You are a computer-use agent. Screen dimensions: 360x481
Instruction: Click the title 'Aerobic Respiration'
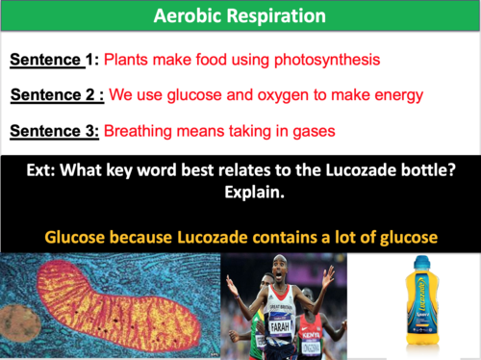click(240, 17)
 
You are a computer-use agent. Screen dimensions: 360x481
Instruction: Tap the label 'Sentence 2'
click(48, 94)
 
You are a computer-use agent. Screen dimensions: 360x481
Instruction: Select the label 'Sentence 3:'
click(52, 129)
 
